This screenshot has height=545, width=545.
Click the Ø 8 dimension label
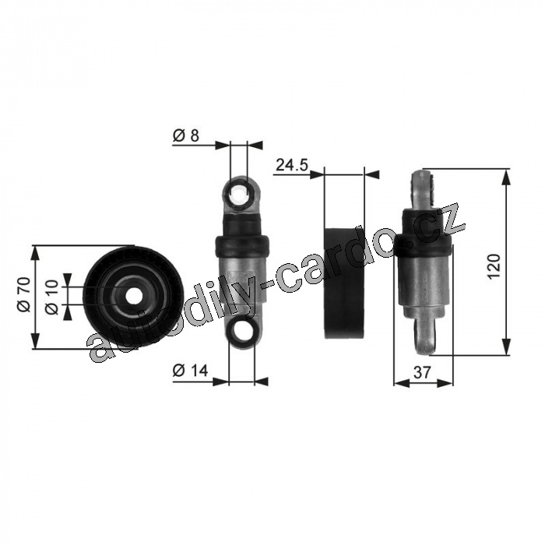[186, 135]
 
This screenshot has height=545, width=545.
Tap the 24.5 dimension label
[292, 165]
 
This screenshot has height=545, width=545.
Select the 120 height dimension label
[494, 266]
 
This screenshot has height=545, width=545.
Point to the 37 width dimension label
[422, 373]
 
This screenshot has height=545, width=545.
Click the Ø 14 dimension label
[190, 371]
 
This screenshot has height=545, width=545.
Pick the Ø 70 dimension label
[25, 294]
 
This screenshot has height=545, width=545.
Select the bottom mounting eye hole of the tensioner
[242, 330]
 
